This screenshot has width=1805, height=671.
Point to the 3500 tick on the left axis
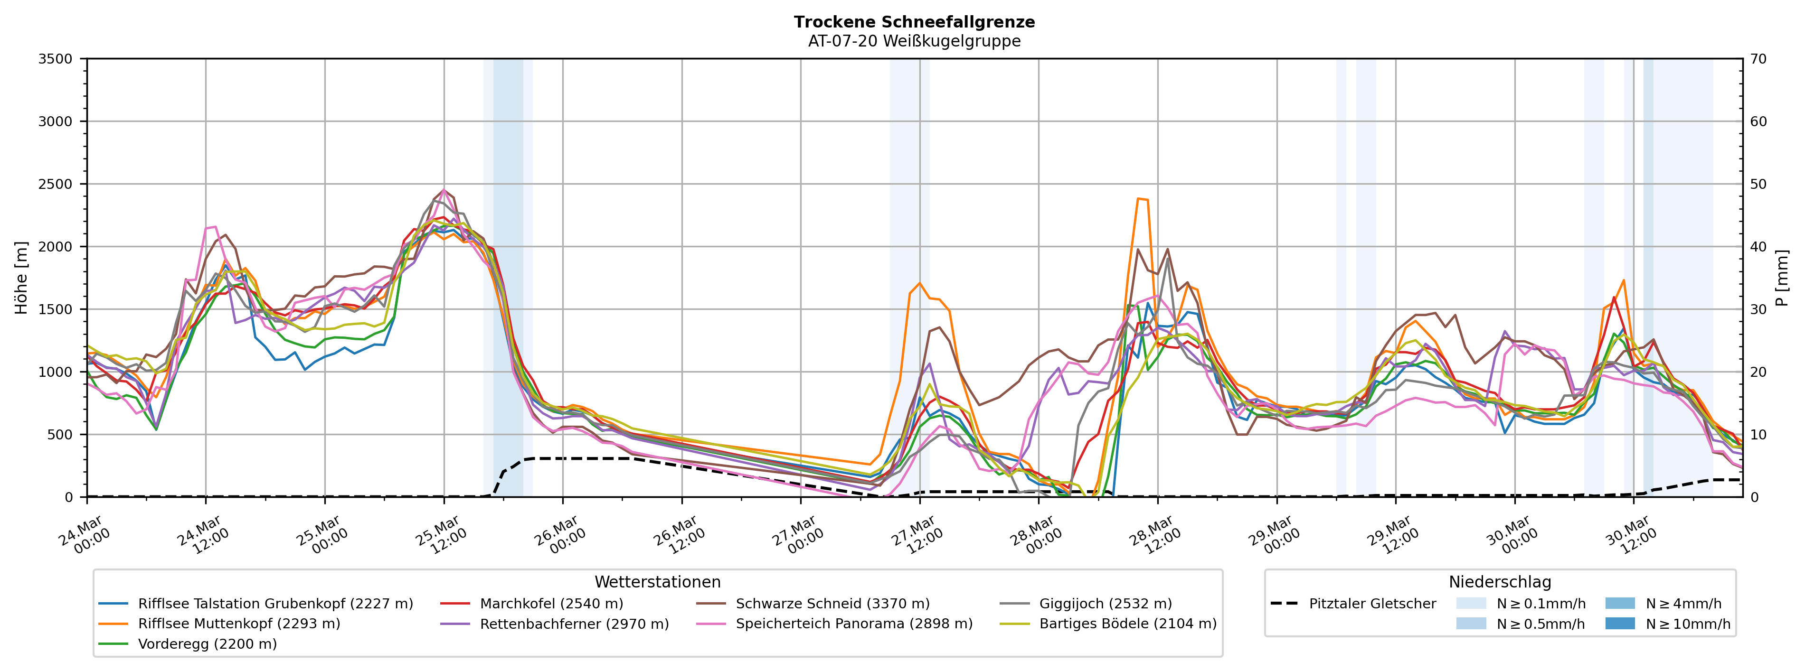(x=56, y=59)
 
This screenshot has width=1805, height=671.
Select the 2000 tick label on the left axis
(x=56, y=247)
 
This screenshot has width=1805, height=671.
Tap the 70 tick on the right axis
(x=1758, y=59)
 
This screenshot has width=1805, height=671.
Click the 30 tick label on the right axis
(x=1758, y=309)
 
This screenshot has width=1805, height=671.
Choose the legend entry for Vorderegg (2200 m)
(x=207, y=643)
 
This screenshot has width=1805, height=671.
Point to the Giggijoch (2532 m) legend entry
(x=1105, y=604)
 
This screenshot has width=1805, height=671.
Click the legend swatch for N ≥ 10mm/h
(x=1619, y=624)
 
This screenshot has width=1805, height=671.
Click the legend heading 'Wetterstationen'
(x=657, y=582)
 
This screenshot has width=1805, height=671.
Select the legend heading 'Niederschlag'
(x=1500, y=582)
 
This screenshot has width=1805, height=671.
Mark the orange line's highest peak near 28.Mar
(x=1139, y=199)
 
